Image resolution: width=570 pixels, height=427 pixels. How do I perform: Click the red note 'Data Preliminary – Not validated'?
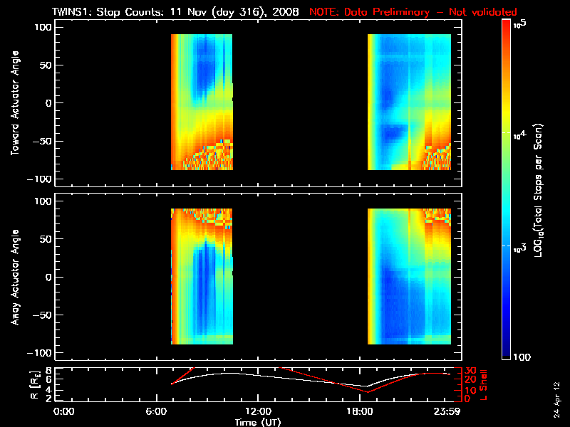pyautogui.click(x=413, y=12)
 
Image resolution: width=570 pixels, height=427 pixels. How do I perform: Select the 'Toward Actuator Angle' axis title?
pyautogui.click(x=14, y=102)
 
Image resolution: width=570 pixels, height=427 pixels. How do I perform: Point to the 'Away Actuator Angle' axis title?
pyautogui.click(x=14, y=277)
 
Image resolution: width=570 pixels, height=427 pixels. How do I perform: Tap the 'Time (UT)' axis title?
pyautogui.click(x=259, y=422)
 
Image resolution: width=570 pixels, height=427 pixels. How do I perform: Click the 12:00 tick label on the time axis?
pyautogui.click(x=259, y=411)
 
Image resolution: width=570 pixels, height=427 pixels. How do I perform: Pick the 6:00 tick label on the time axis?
pyautogui.click(x=161, y=411)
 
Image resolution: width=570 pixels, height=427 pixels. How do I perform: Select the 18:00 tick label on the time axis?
pyautogui.click(x=356, y=411)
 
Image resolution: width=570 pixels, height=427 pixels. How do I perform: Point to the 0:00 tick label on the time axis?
pyautogui.click(x=64, y=411)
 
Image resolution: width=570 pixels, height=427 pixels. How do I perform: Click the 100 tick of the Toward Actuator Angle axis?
pyautogui.click(x=43, y=27)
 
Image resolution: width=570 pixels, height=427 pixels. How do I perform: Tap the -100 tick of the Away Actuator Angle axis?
pyautogui.click(x=41, y=354)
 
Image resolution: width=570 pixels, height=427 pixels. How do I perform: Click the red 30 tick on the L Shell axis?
pyautogui.click(x=470, y=370)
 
